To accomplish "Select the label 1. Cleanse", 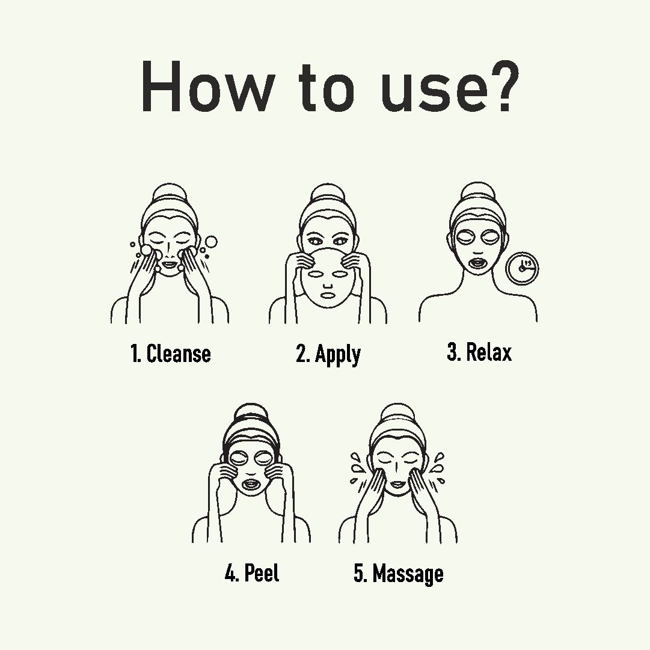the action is coord(171,354).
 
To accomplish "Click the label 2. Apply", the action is coord(328,355).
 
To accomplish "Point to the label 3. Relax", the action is coord(480,352).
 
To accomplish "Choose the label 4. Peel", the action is coord(252,573).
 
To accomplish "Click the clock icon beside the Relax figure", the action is coord(522,268).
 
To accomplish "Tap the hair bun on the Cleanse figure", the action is coord(170,195).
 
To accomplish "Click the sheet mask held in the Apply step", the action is coord(328,278).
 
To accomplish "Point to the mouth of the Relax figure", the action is coord(478,263).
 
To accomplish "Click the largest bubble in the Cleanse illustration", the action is coord(211,242).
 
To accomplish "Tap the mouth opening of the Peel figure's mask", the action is coord(250,484).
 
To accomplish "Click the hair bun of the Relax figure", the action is coord(478,194).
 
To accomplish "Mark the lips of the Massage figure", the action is coord(397,484).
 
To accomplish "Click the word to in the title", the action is coord(327,88).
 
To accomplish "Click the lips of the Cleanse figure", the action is coord(169,263).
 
